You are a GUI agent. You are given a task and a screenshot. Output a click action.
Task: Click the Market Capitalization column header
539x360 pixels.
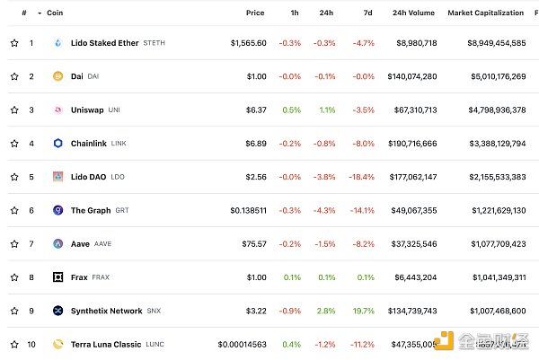pyautogui.click(x=485, y=13)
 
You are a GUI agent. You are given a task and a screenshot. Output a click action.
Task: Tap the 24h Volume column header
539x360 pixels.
pyautogui.click(x=413, y=13)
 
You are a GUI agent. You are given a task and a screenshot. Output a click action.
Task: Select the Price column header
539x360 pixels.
pyautogui.click(x=255, y=13)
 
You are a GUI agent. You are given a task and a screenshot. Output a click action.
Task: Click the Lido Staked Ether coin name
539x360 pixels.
pyautogui.click(x=105, y=43)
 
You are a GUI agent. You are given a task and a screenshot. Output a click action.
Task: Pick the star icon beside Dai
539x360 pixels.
pyautogui.click(x=14, y=76)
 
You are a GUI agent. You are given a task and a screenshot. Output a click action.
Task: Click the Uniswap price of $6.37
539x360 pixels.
pyautogui.click(x=256, y=110)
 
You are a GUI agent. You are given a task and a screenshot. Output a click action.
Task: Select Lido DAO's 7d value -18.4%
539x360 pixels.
pyautogui.click(x=362, y=177)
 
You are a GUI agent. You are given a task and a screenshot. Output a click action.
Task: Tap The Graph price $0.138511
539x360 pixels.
pyautogui.click(x=248, y=210)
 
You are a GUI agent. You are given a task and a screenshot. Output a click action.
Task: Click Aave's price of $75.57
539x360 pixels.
pyautogui.click(x=252, y=243)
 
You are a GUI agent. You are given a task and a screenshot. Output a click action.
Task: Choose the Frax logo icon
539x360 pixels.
pyautogui.click(x=58, y=277)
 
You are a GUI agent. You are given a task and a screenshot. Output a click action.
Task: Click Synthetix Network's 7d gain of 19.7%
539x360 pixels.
pyautogui.click(x=363, y=311)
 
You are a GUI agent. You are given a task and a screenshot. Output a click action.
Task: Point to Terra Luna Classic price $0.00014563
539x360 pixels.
pyautogui.click(x=242, y=344)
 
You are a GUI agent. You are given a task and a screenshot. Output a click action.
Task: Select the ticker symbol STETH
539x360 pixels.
pyautogui.click(x=154, y=43)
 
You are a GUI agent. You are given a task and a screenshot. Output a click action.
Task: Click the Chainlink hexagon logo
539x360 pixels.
pyautogui.click(x=58, y=144)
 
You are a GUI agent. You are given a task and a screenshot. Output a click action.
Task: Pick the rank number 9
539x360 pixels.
pyautogui.click(x=31, y=311)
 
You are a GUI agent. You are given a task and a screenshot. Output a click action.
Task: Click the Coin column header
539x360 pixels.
pyautogui.click(x=55, y=13)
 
